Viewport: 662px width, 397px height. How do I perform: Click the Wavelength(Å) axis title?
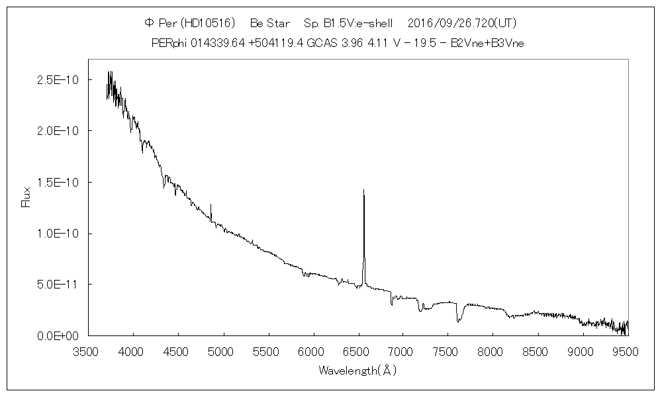point(357,371)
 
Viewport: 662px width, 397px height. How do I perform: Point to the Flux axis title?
point(26,197)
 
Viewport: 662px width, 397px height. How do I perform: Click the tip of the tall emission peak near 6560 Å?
point(363,190)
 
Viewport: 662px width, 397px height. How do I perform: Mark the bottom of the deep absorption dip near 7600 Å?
point(458,322)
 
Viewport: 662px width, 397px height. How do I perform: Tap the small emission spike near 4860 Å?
point(211,205)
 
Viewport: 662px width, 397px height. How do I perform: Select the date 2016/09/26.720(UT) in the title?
point(461,23)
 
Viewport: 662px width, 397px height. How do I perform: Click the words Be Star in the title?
point(270,23)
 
